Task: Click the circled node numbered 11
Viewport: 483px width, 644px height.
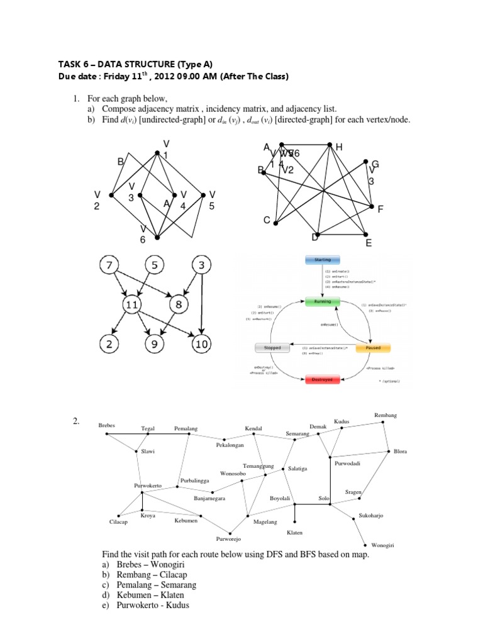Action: click(x=133, y=306)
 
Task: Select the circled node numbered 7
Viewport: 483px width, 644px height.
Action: click(x=111, y=266)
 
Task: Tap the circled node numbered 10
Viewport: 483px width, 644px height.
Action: click(x=201, y=344)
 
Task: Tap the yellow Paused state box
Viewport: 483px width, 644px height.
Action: click(x=373, y=347)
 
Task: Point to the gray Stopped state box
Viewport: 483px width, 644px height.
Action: click(x=272, y=347)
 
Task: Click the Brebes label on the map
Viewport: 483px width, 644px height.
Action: click(x=108, y=426)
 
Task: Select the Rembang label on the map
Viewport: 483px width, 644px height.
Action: click(x=386, y=416)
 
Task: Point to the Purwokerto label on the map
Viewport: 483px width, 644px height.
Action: click(x=148, y=486)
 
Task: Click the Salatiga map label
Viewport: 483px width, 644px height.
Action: click(x=297, y=469)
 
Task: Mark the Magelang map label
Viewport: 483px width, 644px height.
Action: click(x=265, y=521)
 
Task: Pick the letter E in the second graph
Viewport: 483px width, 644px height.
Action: click(x=369, y=243)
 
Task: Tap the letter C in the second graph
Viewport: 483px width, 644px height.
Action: click(x=266, y=221)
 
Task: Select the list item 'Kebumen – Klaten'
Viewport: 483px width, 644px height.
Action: click(x=144, y=595)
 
